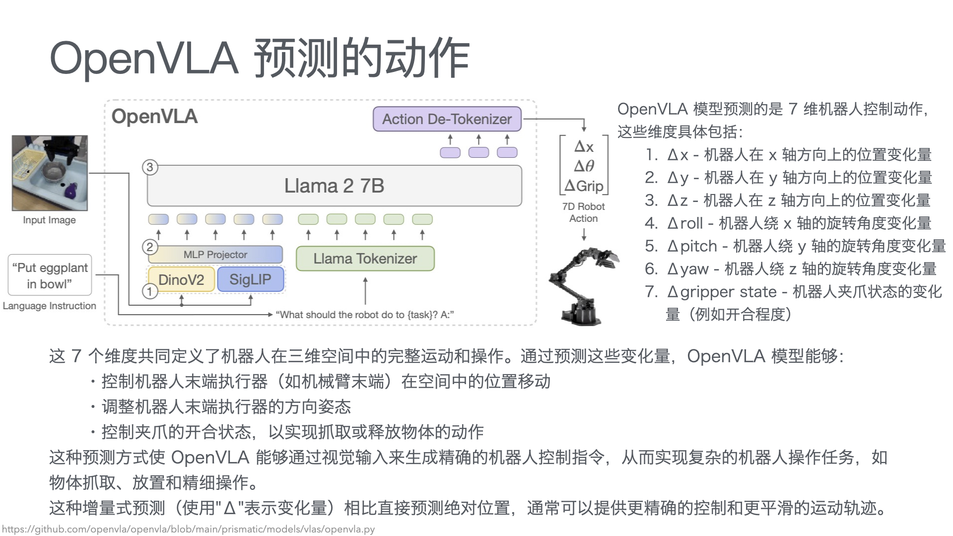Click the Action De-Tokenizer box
point(447,119)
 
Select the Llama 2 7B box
point(334,186)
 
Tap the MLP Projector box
point(215,255)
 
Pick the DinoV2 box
point(181,279)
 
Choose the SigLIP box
point(250,279)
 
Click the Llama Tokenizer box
point(365,259)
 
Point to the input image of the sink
point(50,173)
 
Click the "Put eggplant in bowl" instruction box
point(50,275)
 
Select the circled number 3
point(150,167)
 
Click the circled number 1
point(150,291)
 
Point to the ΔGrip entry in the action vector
point(584,186)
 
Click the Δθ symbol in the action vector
point(584,166)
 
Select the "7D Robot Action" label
point(584,212)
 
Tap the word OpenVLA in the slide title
point(144,59)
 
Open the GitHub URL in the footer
point(189,529)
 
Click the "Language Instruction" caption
point(50,306)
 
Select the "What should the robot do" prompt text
point(365,315)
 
